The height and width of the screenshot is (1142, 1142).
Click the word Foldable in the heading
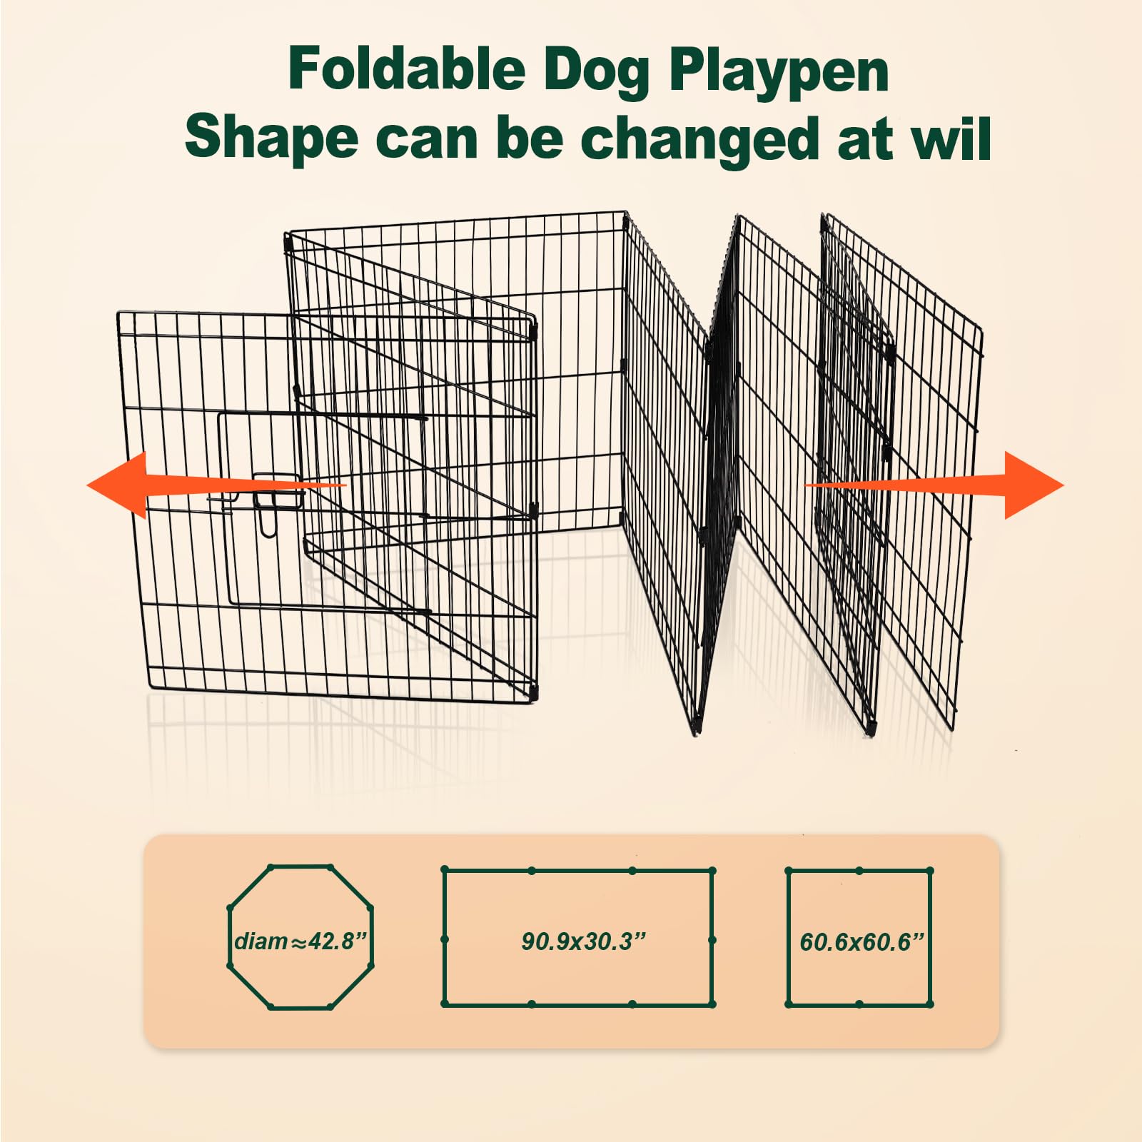[406, 69]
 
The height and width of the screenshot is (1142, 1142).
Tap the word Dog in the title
[596, 71]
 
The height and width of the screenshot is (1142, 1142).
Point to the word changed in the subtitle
[700, 139]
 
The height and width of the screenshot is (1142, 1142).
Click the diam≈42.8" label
[300, 941]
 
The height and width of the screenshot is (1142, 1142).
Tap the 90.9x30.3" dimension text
[582, 941]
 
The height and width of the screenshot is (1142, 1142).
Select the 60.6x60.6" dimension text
[861, 942]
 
